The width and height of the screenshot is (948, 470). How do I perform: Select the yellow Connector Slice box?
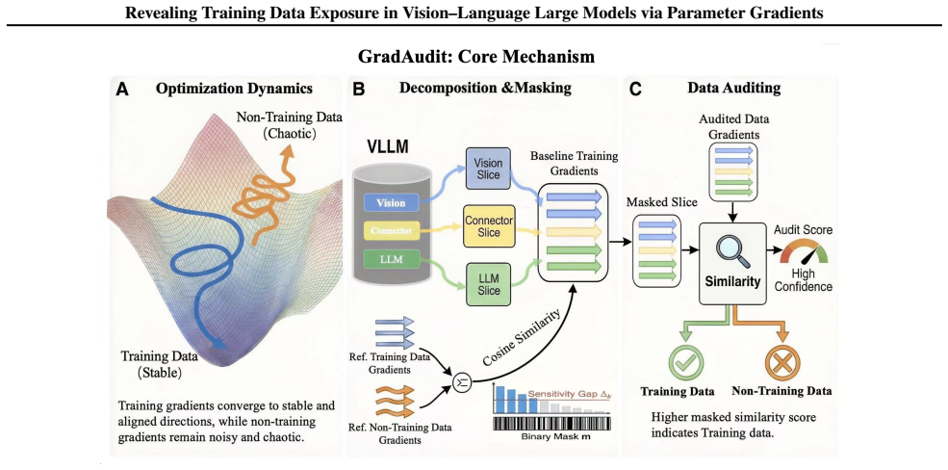(489, 226)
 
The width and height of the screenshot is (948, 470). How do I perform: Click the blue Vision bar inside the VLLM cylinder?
(390, 203)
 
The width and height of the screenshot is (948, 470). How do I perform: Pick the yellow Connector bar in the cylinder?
(390, 230)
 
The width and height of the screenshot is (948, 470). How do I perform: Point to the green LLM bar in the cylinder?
(390, 259)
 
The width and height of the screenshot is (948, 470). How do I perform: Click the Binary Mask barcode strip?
(550, 423)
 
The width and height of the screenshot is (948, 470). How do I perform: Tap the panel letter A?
(123, 90)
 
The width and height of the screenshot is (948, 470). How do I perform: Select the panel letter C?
(636, 90)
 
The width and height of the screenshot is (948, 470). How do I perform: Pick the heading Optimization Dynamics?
(234, 89)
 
